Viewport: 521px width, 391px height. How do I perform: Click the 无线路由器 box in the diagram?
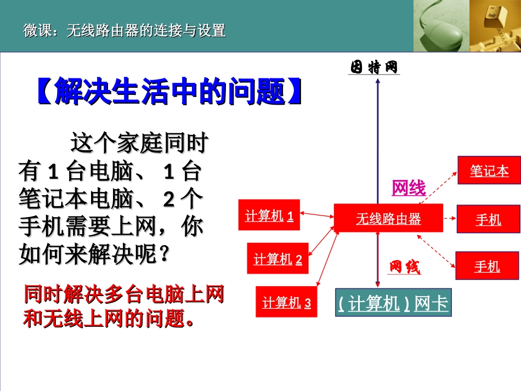pos(388,219)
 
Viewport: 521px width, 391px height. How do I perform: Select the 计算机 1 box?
pos(269,215)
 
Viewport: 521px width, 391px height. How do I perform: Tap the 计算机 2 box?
pos(278,258)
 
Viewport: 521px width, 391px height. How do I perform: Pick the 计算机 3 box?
pos(286,302)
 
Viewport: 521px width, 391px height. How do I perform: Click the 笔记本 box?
pos(489,171)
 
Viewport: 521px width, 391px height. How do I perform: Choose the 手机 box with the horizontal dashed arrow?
pos(488,219)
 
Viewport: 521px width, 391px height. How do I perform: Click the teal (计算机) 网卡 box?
pos(393,303)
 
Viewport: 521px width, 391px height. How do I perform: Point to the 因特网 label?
pos(374,67)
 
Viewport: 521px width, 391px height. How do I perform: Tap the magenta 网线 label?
pos(409,188)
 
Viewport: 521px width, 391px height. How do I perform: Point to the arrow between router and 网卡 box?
pos(377,258)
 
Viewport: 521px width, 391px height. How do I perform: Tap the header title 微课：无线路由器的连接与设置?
pos(124,31)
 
